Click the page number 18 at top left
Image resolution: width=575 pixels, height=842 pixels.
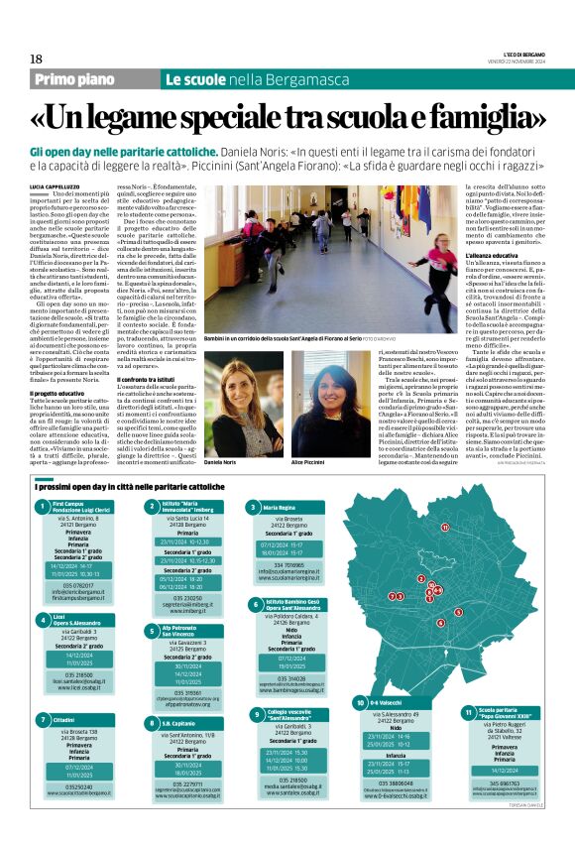pyautogui.click(x=37, y=59)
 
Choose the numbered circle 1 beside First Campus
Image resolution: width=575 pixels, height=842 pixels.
pyautogui.click(x=43, y=509)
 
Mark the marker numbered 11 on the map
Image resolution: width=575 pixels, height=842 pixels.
pyautogui.click(x=446, y=529)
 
